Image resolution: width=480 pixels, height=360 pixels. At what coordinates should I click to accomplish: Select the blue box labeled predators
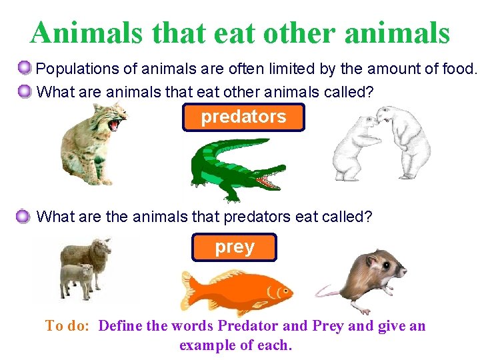pos(243,117)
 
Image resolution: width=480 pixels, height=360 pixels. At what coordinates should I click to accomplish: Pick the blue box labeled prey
pos(234,247)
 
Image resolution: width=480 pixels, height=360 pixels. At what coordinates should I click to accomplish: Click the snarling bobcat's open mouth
pos(117,123)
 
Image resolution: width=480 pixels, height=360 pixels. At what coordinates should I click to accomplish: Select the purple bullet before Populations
pos(24,68)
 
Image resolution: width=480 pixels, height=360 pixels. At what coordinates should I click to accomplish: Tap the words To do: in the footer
pos(69,326)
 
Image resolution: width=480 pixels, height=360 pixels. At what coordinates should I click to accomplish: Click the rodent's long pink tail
pos(329,292)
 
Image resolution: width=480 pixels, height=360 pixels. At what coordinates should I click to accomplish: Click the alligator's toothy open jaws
pos(270,179)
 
